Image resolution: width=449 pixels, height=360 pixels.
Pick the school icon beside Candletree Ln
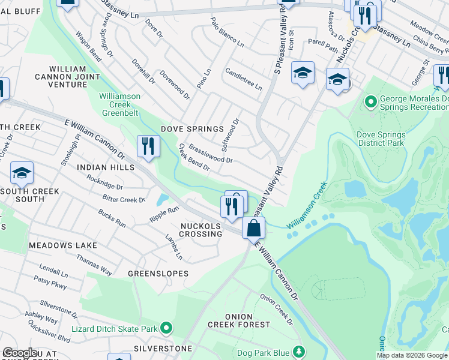tap(303, 73)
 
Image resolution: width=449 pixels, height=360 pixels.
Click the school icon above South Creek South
tap(22, 173)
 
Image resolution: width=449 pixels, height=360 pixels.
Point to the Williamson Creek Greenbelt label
tap(119, 101)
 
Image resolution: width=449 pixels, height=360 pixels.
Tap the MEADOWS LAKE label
tap(62, 245)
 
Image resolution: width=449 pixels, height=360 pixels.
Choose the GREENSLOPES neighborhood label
tap(158, 273)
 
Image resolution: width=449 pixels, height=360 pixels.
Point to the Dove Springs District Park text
tap(381, 139)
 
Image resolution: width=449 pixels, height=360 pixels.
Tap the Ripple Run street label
tap(164, 212)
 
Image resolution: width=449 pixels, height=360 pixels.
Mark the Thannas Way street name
tap(94, 264)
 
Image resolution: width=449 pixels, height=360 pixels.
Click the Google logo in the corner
tap(20, 353)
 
